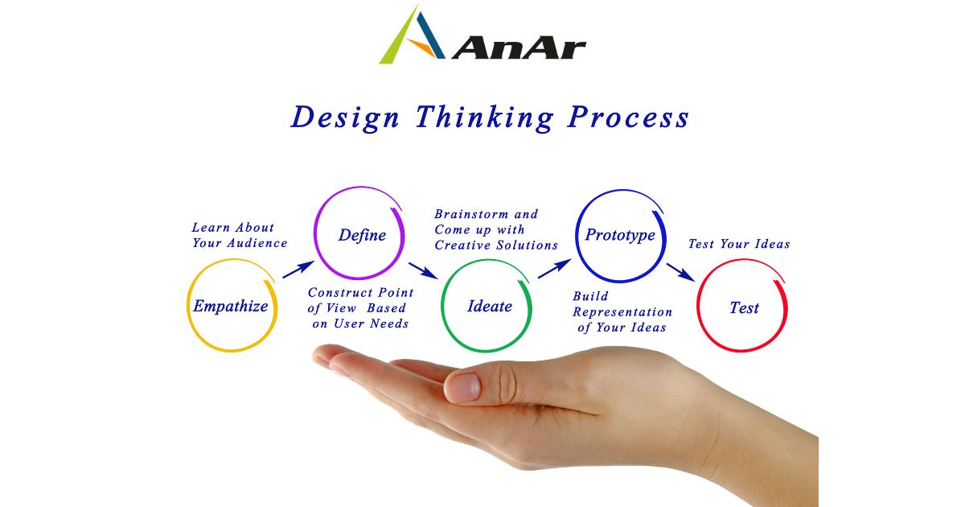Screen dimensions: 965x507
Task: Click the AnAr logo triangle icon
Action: click(412, 35)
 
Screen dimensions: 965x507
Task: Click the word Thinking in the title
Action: click(485, 117)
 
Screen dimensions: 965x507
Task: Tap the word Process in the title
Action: click(628, 117)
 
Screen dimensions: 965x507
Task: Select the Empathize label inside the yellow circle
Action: click(231, 307)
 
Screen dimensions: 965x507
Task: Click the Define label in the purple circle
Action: click(362, 235)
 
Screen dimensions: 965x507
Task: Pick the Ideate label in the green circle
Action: click(490, 306)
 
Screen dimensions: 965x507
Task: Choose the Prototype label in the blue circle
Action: click(620, 235)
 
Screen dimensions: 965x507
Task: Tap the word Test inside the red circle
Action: click(744, 307)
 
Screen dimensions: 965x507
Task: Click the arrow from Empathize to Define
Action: click(298, 270)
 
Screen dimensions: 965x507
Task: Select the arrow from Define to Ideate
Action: click(423, 270)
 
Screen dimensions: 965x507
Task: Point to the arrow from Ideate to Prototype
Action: click(554, 269)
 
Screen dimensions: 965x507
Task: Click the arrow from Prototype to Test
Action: click(680, 273)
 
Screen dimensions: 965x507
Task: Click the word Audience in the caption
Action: click(257, 243)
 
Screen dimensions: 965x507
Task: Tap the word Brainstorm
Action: click(471, 214)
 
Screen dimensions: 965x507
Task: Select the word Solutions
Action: click(528, 245)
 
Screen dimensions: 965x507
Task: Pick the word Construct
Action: click(340, 293)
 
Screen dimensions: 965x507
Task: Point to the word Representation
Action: click(622, 312)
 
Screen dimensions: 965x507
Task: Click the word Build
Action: click(590, 296)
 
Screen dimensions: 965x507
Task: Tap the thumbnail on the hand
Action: click(466, 385)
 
